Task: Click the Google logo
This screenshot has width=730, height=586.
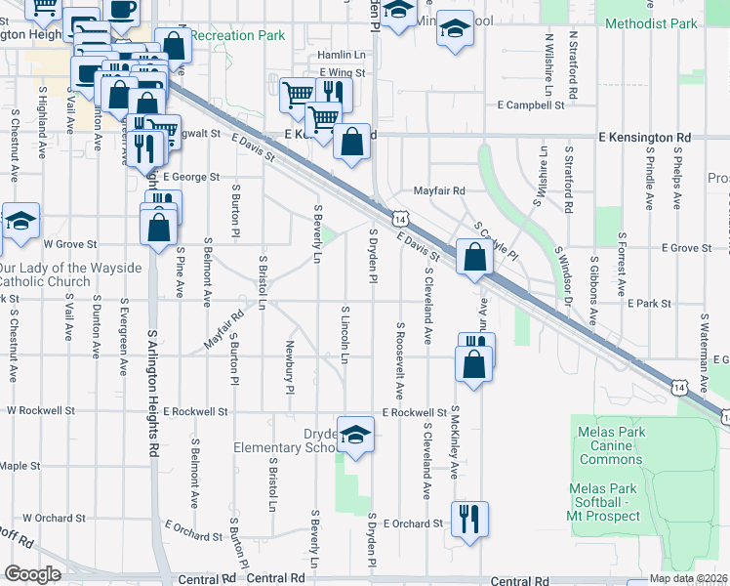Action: click(32, 574)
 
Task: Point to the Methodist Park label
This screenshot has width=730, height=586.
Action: click(651, 22)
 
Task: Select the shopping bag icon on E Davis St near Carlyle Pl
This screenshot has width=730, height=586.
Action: click(474, 260)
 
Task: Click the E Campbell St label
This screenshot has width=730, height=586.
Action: click(531, 105)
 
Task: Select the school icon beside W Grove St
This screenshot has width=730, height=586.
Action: click(20, 223)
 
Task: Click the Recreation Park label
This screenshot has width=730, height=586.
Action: click(237, 36)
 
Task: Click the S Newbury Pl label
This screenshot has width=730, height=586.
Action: click(290, 367)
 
